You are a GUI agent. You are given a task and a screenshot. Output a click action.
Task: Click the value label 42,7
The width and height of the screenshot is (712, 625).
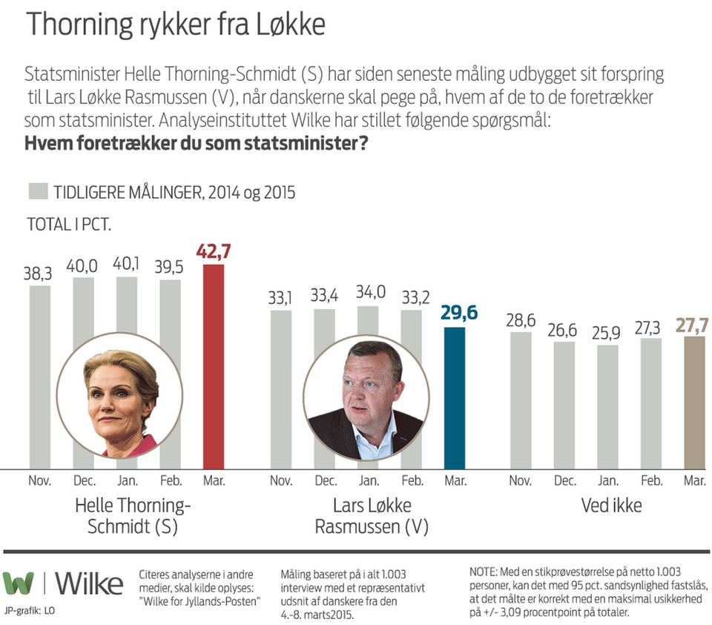(x=214, y=251)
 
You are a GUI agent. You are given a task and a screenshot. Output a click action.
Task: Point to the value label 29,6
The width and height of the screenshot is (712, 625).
(x=455, y=314)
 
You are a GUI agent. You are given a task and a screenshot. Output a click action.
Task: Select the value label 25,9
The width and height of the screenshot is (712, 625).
(x=607, y=331)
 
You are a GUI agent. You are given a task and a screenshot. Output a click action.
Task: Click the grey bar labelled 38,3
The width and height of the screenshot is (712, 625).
(x=40, y=311)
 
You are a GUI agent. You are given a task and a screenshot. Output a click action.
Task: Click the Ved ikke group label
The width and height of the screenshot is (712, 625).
(x=611, y=506)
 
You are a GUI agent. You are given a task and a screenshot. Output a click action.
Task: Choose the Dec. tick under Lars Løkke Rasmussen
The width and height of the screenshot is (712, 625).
(x=325, y=481)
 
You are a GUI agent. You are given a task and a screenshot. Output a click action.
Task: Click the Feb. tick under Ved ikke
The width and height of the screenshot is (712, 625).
(x=651, y=481)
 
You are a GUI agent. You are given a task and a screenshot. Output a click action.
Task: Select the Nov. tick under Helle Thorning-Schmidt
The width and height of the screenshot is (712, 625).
(x=40, y=481)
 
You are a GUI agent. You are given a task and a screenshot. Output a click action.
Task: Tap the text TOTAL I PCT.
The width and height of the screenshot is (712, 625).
(x=69, y=224)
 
